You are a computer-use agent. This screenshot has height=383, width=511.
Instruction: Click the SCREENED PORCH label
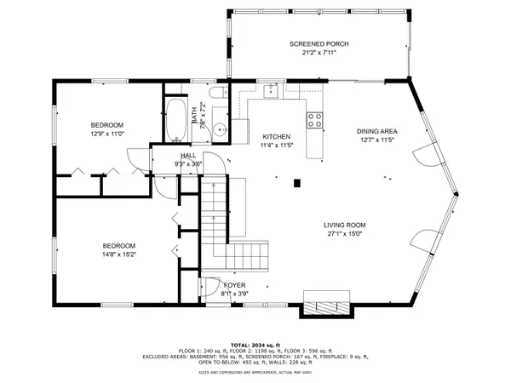(319, 43)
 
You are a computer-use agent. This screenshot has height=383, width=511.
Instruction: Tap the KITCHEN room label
(277, 136)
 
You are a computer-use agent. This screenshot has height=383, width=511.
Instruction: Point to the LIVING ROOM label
(344, 225)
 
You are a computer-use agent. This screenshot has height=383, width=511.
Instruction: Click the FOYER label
(234, 286)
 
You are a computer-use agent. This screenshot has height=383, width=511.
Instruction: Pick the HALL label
(188, 155)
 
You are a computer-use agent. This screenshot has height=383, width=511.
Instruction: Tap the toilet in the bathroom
(218, 94)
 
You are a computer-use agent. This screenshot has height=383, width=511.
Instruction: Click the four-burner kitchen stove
(315, 120)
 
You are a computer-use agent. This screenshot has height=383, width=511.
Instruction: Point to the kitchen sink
(271, 89)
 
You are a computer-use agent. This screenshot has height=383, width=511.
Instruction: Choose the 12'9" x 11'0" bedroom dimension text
(106, 133)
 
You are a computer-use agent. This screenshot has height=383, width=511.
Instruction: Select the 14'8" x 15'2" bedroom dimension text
(108, 253)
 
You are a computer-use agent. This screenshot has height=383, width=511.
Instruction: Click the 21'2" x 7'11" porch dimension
(319, 53)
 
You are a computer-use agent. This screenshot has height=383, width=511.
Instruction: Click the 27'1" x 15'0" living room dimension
(344, 234)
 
